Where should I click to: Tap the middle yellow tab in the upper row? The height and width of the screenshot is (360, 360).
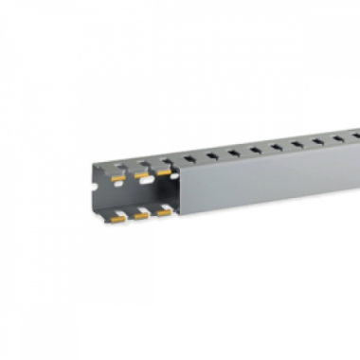click(x=142, y=174)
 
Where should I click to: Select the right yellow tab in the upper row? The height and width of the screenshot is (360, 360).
click(x=164, y=172)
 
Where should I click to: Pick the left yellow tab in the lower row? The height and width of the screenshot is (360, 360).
click(x=118, y=217)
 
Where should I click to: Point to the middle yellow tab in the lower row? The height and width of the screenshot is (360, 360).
click(x=141, y=215)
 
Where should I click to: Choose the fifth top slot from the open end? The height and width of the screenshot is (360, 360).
click(x=276, y=146)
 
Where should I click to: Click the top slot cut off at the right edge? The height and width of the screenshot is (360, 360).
click(x=356, y=135)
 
